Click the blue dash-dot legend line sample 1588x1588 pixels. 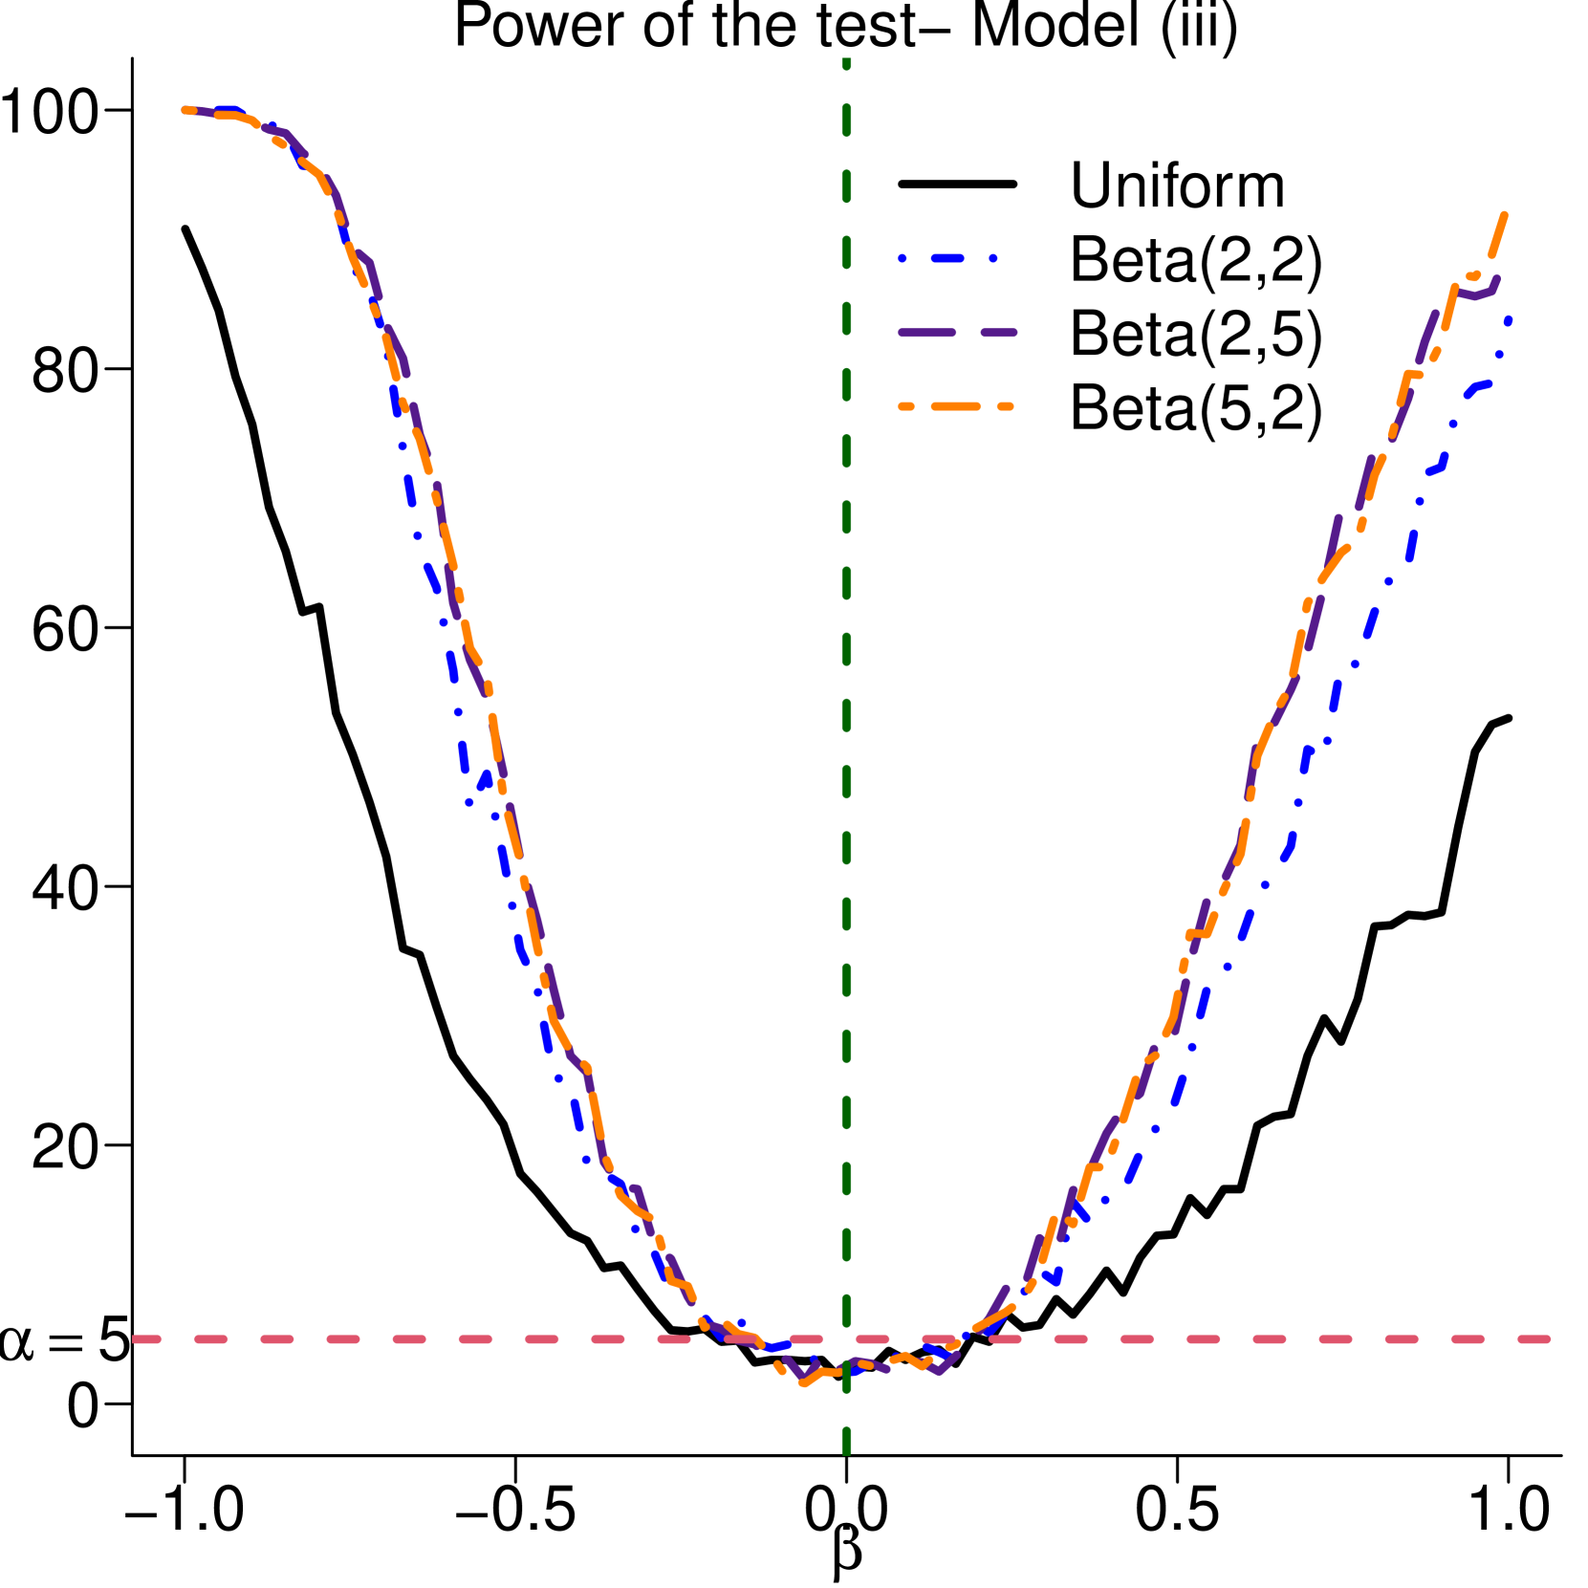(x=947, y=258)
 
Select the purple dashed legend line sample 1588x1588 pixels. (x=957, y=333)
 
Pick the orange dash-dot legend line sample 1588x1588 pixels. (x=954, y=406)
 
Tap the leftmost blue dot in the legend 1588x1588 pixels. (x=902, y=258)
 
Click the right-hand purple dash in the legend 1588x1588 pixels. (x=998, y=333)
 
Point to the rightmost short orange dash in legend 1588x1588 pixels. (x=1005, y=406)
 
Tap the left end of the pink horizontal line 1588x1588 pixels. (x=135, y=1339)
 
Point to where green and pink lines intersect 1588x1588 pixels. (x=846, y=1339)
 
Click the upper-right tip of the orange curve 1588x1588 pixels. (x=1505, y=215)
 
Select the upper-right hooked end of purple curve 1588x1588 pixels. (x=1496, y=279)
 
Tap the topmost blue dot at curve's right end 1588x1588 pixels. (x=1508, y=321)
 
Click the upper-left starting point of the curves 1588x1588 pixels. (x=185, y=110)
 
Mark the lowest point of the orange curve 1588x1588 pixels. (x=803, y=1382)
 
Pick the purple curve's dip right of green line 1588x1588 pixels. (x=941, y=1372)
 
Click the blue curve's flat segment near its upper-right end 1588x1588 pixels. (x=1480, y=386)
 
